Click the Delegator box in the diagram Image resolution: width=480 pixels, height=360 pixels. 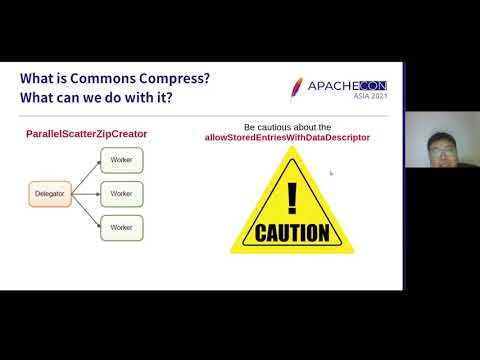tap(49, 193)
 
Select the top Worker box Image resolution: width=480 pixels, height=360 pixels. tap(121, 159)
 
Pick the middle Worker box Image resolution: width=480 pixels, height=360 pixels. tap(121, 193)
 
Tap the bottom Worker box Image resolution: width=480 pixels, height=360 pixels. tap(121, 227)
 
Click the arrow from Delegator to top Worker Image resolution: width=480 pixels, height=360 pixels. tap(84, 176)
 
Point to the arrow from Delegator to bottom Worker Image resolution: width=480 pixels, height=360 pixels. tap(84, 210)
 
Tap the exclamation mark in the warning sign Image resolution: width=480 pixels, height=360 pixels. tap(291, 195)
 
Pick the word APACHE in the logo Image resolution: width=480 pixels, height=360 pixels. tap(329, 87)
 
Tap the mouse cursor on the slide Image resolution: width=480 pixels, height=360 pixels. tap(331, 173)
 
